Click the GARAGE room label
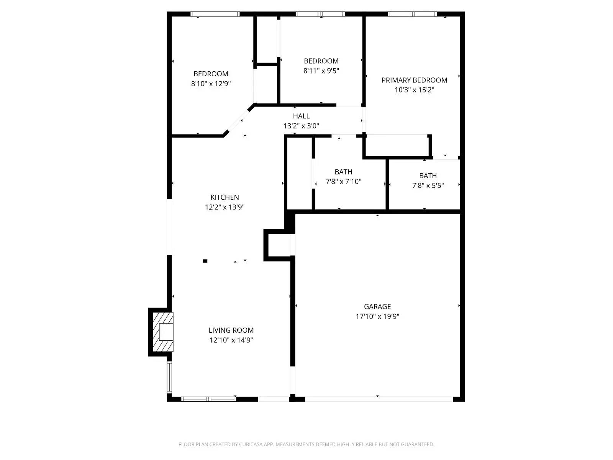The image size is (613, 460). click(377, 307)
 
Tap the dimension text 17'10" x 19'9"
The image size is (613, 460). click(377, 317)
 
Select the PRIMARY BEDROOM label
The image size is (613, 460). click(414, 80)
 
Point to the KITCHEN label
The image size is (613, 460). click(225, 197)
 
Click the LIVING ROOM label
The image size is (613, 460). click(231, 330)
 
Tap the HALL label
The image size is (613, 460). click(301, 116)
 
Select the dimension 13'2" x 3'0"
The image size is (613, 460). click(301, 126)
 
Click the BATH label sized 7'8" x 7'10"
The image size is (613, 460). click(343, 172)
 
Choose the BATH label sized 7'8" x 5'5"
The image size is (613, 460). click(428, 176)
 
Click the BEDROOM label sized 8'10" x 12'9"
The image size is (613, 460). click(211, 74)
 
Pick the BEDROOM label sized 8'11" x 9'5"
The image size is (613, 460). click(321, 61)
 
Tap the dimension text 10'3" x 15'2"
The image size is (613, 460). click(414, 90)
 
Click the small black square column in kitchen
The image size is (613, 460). click(205, 261)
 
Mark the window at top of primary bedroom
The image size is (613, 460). click(412, 14)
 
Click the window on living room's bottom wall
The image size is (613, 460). click(208, 399)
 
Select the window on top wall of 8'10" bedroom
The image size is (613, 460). click(215, 14)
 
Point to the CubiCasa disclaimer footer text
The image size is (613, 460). click(306, 445)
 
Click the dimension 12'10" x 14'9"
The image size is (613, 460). click(231, 340)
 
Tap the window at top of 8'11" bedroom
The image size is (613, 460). click(320, 14)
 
